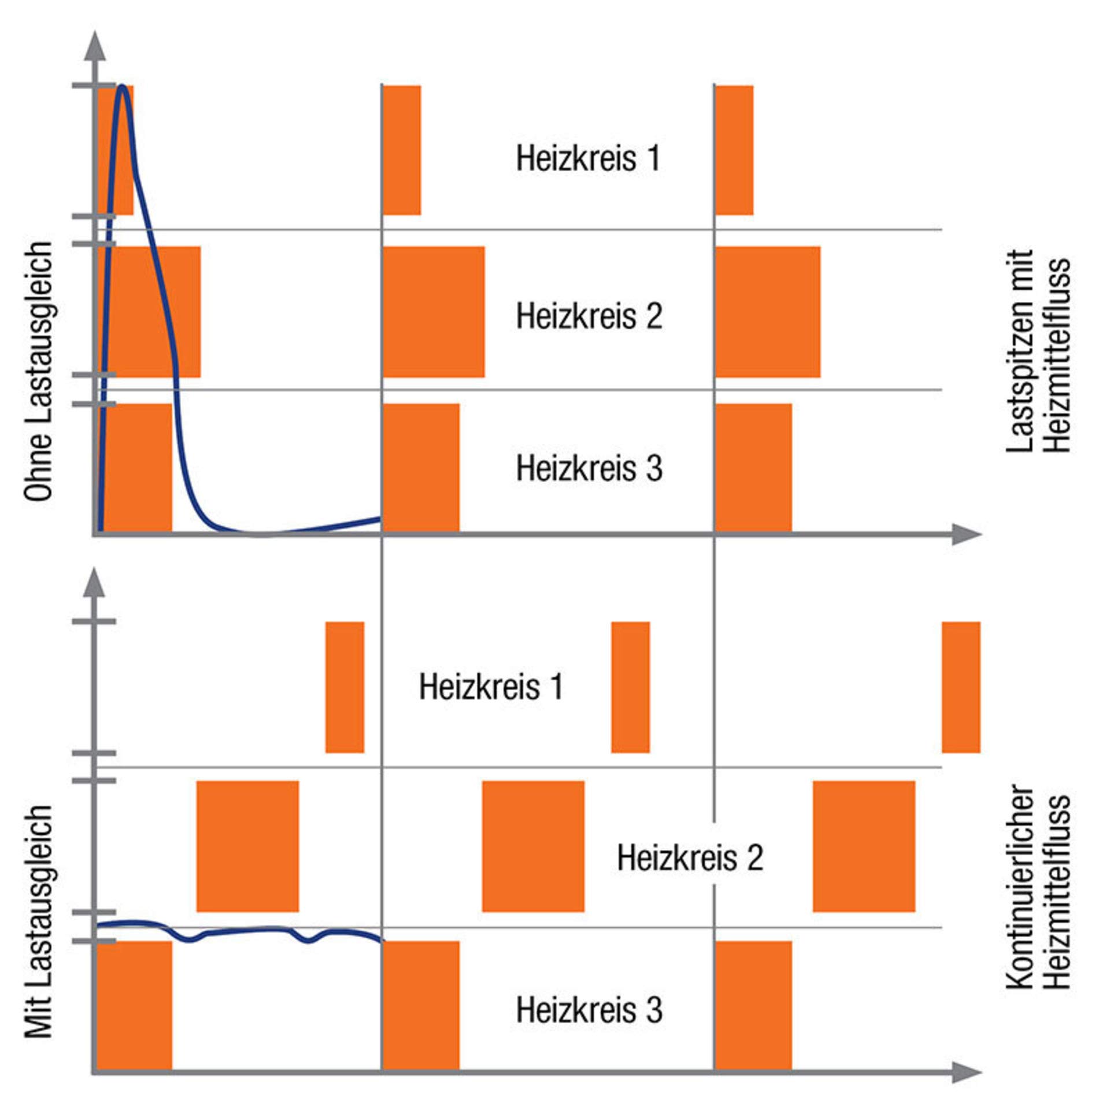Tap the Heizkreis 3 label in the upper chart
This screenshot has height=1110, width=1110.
click(589, 468)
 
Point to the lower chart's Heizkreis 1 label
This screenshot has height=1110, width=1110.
click(491, 687)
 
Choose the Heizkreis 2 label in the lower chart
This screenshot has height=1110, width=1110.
click(690, 857)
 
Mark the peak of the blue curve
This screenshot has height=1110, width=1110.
click(122, 87)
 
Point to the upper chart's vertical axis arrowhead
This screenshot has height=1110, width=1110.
click(95, 46)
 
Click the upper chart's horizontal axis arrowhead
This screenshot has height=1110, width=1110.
click(967, 534)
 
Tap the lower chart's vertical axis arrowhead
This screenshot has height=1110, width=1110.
click(95, 582)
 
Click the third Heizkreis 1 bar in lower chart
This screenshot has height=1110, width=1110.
click(961, 687)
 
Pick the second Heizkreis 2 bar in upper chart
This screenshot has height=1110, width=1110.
click(434, 312)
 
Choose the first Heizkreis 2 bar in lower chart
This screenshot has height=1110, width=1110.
click(248, 846)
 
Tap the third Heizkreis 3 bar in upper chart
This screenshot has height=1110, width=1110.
click(753, 468)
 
